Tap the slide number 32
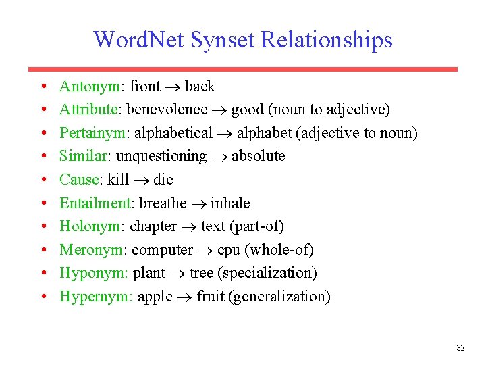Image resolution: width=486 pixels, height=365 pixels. click(x=460, y=348)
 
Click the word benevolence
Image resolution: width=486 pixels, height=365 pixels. click(x=167, y=109)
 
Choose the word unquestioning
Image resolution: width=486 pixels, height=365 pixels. click(x=161, y=156)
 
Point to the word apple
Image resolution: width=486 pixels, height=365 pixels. click(x=155, y=297)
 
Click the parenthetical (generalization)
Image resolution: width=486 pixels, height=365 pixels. click(x=280, y=297)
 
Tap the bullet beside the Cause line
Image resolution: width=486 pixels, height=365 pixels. click(x=42, y=180)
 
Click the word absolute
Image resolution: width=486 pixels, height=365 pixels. click(x=258, y=156)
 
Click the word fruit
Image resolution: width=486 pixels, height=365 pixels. click(x=211, y=297)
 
